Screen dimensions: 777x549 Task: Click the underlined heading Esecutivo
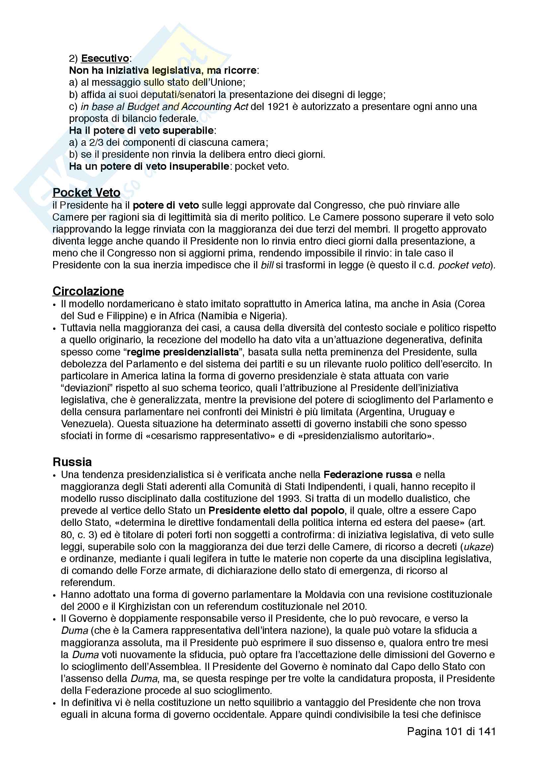(105, 58)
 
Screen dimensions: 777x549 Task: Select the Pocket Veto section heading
(87, 193)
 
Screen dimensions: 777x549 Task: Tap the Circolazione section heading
(88, 291)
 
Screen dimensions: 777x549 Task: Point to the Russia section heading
(72, 462)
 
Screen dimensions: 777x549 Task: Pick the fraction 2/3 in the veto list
(96, 143)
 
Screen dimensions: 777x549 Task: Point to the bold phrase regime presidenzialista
(183, 352)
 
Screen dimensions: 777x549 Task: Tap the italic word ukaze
(477, 546)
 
